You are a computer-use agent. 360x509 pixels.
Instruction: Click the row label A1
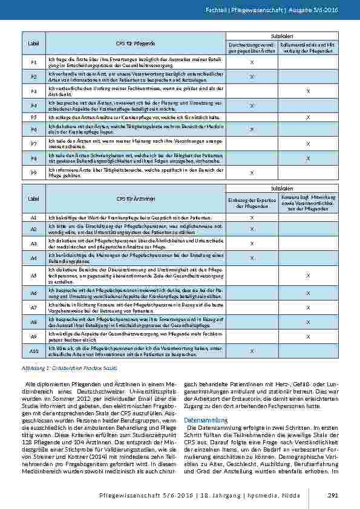(x=34, y=216)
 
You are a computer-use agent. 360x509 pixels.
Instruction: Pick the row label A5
(x=34, y=276)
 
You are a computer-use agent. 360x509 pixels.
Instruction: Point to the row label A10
(x=34, y=351)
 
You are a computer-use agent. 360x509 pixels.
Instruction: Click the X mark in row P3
(x=308, y=90)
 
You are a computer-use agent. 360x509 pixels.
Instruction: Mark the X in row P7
(x=308, y=144)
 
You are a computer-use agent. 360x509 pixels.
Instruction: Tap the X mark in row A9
(x=308, y=336)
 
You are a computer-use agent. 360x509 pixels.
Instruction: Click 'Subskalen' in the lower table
(x=280, y=189)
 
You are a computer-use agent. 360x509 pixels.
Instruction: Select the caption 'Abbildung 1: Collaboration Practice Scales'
(x=68, y=367)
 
